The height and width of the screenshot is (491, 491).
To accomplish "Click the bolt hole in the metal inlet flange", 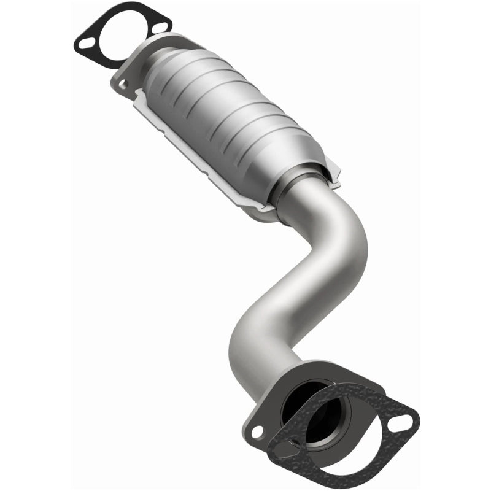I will click(122, 85).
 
